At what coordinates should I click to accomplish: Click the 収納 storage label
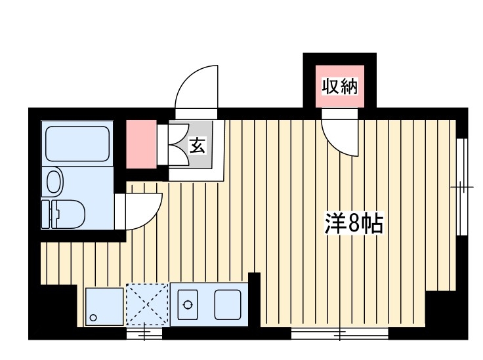coord(340,86)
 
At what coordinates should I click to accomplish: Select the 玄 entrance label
coord(198,146)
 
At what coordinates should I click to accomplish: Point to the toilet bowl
coord(53,180)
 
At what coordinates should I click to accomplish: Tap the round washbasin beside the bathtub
coord(53,180)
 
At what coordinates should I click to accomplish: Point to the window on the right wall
coord(463,187)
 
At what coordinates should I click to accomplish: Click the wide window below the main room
coord(340,333)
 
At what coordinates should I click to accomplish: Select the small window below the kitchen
coord(144,333)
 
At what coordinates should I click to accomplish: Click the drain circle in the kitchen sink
coord(188,305)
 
